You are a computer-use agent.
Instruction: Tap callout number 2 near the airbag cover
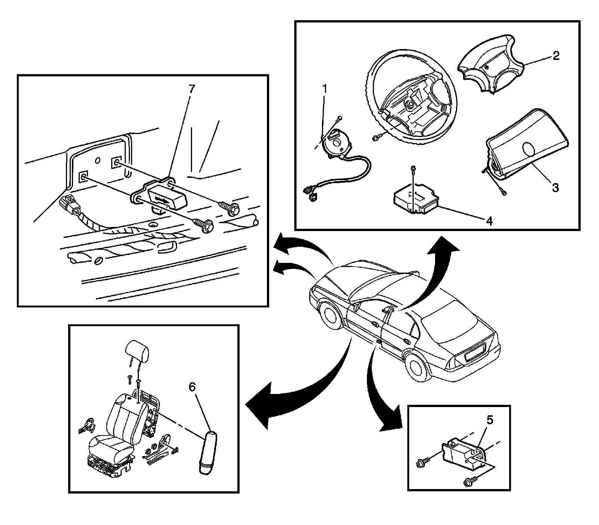pyautogui.click(x=556, y=56)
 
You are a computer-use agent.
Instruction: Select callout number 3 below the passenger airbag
pyautogui.click(x=555, y=187)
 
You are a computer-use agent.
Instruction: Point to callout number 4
pyautogui.click(x=489, y=221)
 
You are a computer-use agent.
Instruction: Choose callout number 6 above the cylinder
pyautogui.click(x=192, y=387)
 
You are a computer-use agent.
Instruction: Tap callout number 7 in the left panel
pyautogui.click(x=192, y=89)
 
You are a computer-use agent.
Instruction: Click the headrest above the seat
pyautogui.click(x=138, y=350)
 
